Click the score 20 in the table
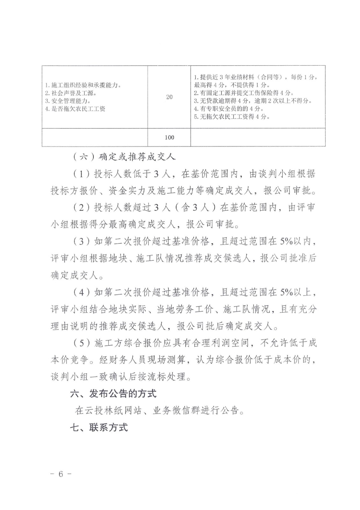point(169,97)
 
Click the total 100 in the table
point(169,137)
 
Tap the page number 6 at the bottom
point(61,483)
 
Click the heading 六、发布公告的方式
point(113,394)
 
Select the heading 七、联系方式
point(99,427)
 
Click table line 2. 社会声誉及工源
point(71,93)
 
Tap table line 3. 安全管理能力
point(68,101)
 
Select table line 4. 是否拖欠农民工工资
point(75,109)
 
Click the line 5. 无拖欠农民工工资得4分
point(232,117)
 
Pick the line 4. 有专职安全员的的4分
point(229,109)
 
